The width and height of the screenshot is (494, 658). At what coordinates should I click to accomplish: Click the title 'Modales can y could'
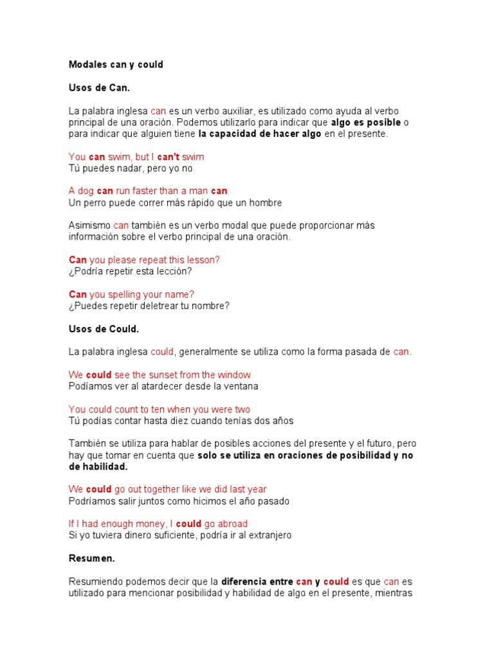tap(116, 64)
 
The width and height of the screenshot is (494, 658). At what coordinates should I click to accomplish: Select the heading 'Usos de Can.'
tap(99, 87)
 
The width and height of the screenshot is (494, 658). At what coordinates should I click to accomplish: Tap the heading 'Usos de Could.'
tap(104, 329)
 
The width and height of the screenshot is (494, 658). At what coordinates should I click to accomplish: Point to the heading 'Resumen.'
tap(91, 558)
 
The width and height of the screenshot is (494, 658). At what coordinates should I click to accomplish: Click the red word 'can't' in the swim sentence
tap(169, 157)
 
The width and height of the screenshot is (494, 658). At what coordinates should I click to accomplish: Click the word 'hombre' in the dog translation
tap(264, 203)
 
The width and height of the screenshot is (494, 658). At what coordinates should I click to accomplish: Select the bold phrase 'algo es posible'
tap(365, 122)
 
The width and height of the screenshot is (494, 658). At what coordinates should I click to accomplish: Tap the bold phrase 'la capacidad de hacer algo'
tap(260, 134)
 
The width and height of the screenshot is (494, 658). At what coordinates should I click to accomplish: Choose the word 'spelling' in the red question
tap(125, 294)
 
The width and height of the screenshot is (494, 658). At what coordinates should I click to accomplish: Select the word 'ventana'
tap(239, 386)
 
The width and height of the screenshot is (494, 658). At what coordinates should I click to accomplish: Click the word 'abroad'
tap(232, 524)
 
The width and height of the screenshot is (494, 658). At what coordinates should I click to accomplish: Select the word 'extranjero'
tap(267, 535)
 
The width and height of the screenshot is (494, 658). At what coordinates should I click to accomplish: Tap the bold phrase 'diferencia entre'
tap(257, 582)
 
